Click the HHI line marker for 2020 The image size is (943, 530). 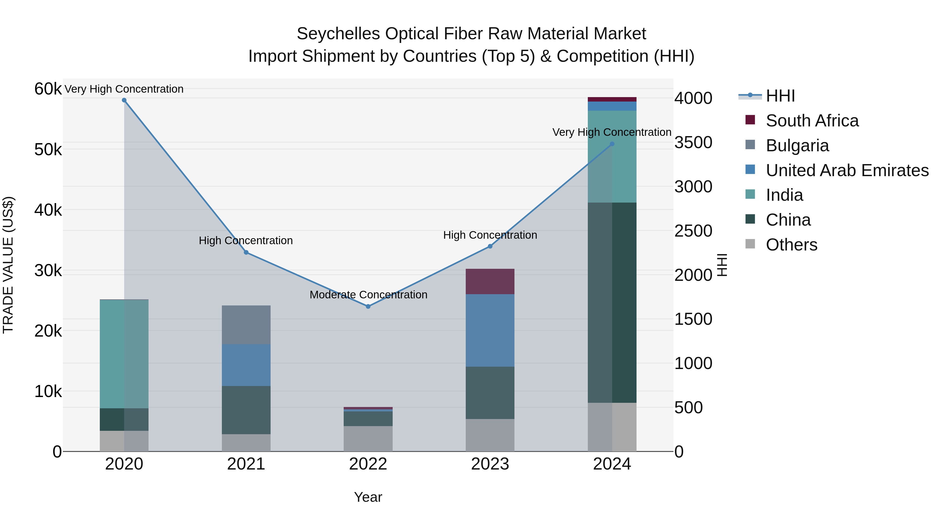124,100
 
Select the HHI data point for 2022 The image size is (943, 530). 368,306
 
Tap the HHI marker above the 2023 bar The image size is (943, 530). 490,247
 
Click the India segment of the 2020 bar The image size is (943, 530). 124,354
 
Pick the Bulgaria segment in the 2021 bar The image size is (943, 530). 246,325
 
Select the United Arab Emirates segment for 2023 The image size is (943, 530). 490,330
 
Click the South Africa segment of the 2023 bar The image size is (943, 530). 490,281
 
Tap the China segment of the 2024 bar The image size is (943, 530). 612,303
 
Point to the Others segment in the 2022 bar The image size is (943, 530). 368,439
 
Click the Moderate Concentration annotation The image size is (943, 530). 368,295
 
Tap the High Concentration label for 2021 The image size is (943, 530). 246,241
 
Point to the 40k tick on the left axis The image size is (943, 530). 48,210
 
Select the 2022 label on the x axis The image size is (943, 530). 368,464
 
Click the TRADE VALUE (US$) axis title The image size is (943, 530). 8,265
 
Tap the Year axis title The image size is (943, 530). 368,497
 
